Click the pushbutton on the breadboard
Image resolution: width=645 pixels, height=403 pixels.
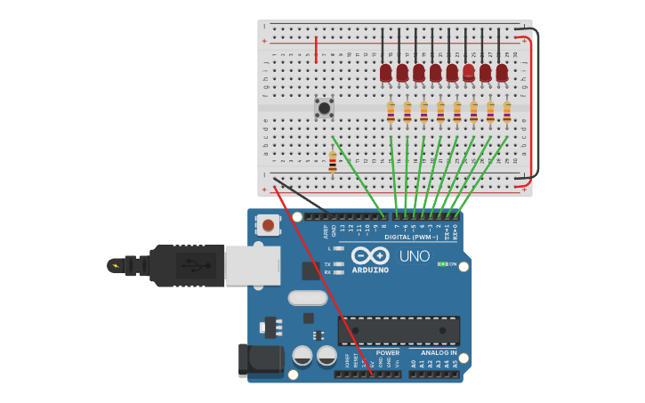(x=324, y=108)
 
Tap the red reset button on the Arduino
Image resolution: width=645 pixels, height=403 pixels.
(x=268, y=225)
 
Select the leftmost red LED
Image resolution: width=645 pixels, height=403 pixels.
(x=385, y=72)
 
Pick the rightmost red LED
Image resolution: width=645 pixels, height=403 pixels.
(x=502, y=72)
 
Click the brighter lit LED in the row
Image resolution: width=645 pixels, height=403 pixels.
(x=469, y=72)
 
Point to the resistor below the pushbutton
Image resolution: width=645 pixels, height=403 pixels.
(x=333, y=162)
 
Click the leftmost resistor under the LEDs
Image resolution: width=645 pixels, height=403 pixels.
(x=391, y=111)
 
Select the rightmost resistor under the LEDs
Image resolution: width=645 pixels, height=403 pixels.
(x=507, y=111)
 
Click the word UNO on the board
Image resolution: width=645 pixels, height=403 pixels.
(x=414, y=256)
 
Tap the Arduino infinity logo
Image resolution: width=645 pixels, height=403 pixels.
(x=370, y=255)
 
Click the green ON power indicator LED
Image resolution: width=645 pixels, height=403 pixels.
(x=442, y=264)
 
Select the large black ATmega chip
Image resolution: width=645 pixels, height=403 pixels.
(x=399, y=331)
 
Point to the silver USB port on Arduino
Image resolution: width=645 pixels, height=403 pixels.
(x=253, y=265)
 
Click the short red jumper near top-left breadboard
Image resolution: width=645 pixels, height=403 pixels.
(x=316, y=49)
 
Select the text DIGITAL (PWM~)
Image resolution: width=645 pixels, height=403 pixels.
(x=411, y=238)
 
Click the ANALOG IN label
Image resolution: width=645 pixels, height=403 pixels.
(x=439, y=353)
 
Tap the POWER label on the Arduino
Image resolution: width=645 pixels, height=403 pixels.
(x=388, y=353)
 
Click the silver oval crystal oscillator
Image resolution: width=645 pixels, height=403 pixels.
(x=308, y=298)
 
